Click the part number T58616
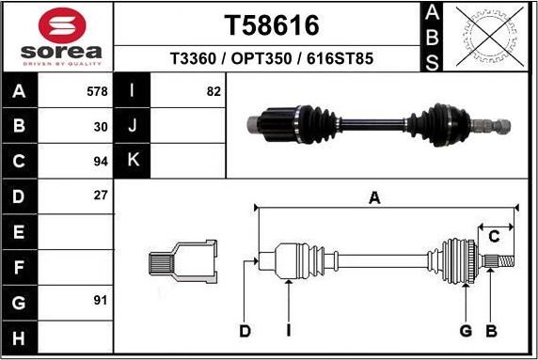tap(271, 24)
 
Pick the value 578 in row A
tap(98, 91)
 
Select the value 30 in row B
tap(102, 126)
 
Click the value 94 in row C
tap(102, 161)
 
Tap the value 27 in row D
tap(102, 196)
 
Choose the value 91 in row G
tap(102, 300)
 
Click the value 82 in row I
tap(213, 91)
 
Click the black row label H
tap(20, 337)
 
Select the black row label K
tap(133, 161)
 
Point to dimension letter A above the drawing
tap(374, 197)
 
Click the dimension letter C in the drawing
tap(492, 236)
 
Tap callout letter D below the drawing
tap(245, 330)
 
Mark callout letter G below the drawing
tap(465, 330)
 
